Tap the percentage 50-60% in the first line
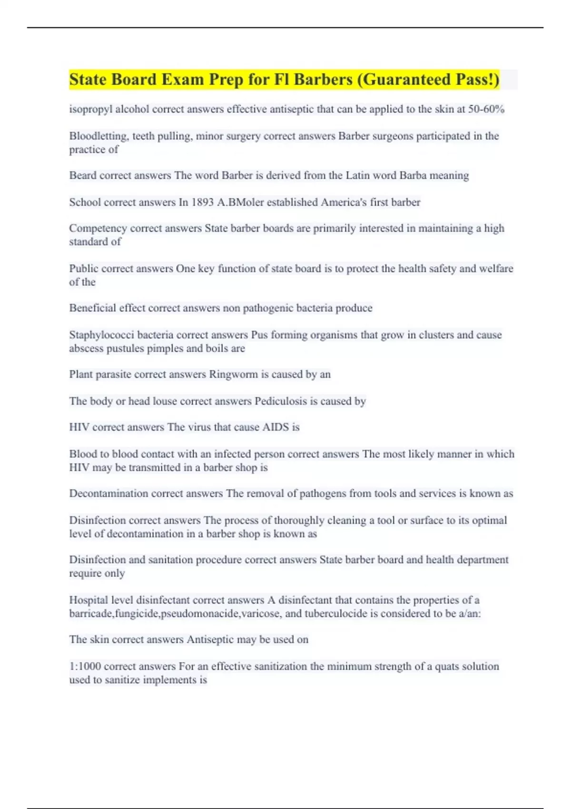pyautogui.click(x=486, y=109)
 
